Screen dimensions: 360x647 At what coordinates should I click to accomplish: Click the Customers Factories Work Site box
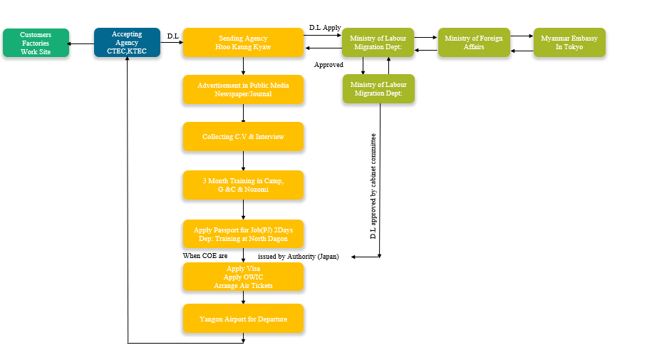pyautogui.click(x=36, y=43)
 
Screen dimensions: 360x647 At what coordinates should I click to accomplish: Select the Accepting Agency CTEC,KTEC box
pyautogui.click(x=127, y=43)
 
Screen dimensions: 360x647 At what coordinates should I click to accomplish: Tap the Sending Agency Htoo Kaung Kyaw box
pyautogui.click(x=243, y=43)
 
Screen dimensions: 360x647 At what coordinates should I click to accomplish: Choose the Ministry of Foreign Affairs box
pyautogui.click(x=473, y=43)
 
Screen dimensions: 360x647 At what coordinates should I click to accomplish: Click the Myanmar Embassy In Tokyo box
pyautogui.click(x=569, y=43)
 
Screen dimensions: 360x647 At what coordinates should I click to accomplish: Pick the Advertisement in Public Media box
pyautogui.click(x=243, y=89)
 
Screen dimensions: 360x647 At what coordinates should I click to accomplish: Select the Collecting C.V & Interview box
pyautogui.click(x=243, y=136)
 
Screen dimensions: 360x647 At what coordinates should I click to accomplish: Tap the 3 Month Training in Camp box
pyautogui.click(x=243, y=185)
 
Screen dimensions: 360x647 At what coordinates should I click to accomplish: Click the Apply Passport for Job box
pyautogui.click(x=243, y=234)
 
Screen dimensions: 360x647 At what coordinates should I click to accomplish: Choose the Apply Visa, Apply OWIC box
pyautogui.click(x=243, y=277)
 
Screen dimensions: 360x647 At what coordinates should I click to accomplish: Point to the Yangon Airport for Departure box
pyautogui.click(x=243, y=319)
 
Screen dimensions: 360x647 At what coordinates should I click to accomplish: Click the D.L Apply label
pyautogui.click(x=325, y=28)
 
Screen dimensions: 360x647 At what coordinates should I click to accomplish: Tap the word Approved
pyautogui.click(x=328, y=65)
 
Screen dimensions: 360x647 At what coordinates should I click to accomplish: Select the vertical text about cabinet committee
pyautogui.click(x=373, y=185)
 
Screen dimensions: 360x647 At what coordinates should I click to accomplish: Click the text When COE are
pyautogui.click(x=205, y=255)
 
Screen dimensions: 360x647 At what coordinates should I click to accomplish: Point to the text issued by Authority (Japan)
pyautogui.click(x=298, y=256)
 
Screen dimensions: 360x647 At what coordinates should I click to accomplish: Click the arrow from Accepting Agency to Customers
pyautogui.click(x=81, y=43)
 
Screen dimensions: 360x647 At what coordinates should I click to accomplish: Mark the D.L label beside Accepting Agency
pyautogui.click(x=172, y=36)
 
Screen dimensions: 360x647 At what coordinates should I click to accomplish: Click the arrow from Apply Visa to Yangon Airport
pyautogui.click(x=244, y=297)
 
